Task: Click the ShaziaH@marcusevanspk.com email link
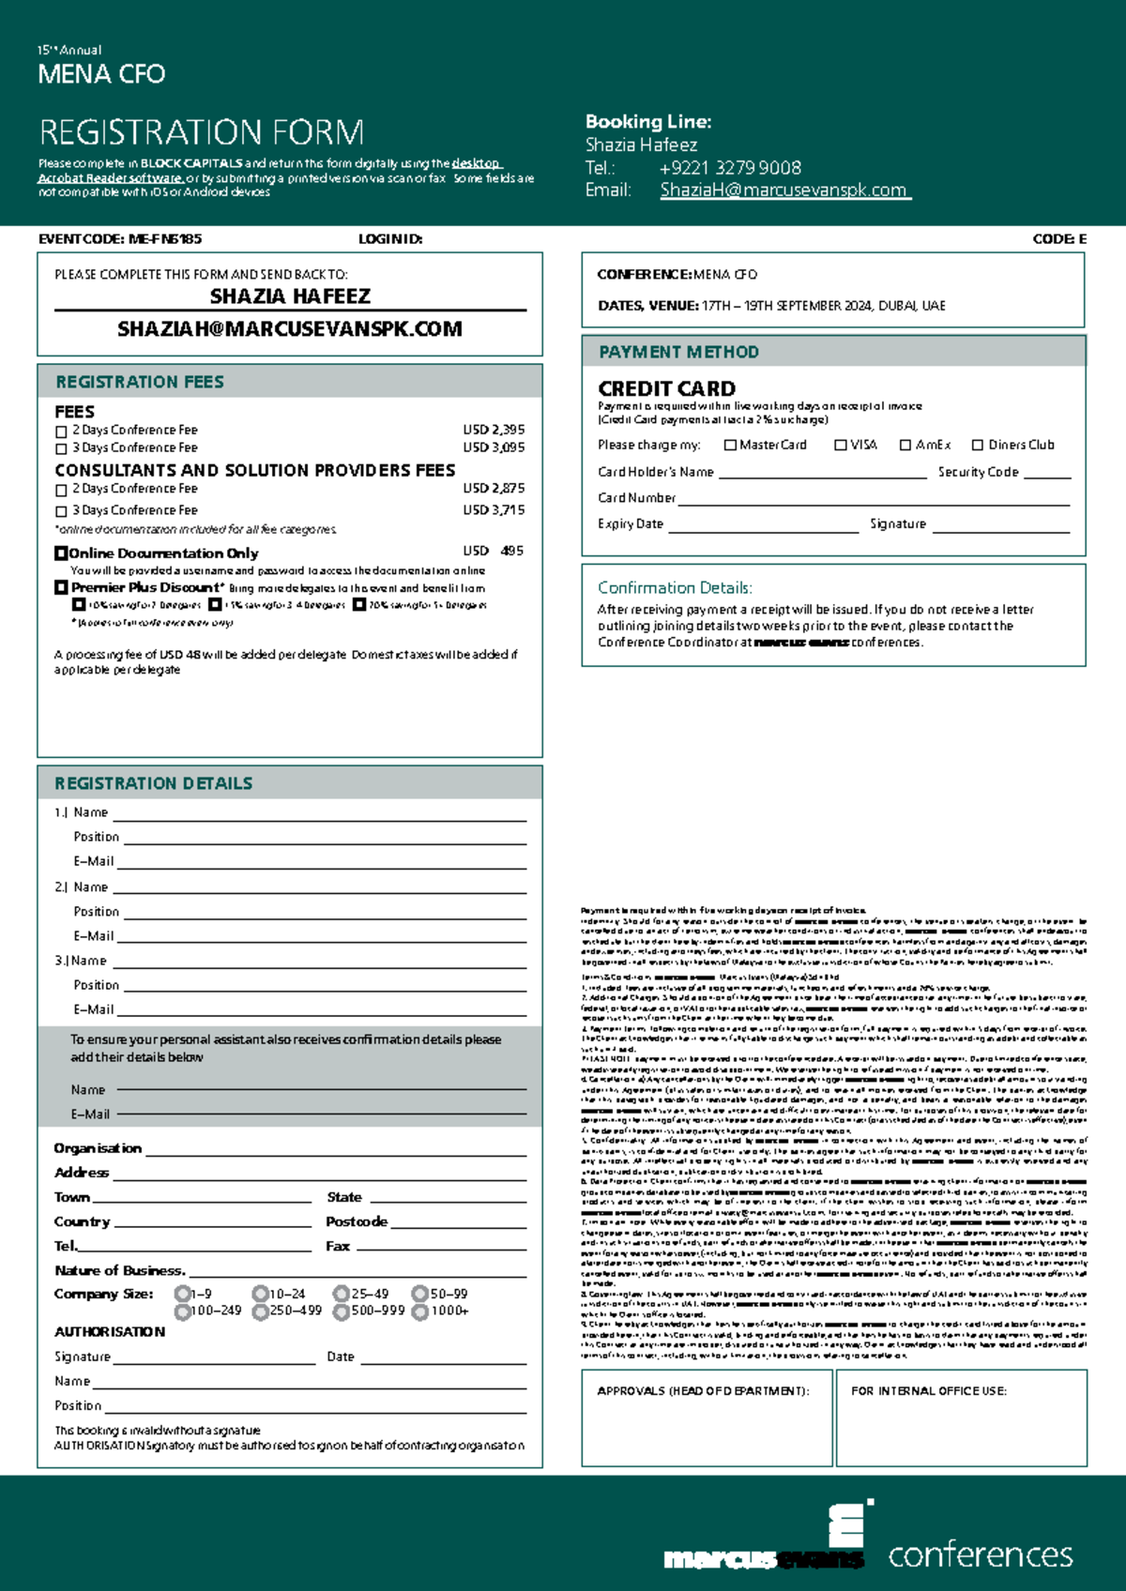[784, 190]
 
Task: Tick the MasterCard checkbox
[730, 446]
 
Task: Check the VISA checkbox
[841, 446]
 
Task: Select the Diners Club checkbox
[978, 446]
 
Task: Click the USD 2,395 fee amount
[494, 430]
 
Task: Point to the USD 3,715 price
[494, 510]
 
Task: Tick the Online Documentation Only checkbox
[61, 553]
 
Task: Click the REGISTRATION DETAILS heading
[153, 783]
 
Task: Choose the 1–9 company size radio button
[182, 1294]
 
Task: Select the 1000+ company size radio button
[420, 1311]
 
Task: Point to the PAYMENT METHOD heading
[678, 352]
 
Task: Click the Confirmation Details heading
[675, 588]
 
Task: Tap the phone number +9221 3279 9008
[730, 168]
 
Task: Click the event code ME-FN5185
[164, 239]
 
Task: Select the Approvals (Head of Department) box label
[703, 1391]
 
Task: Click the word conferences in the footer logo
[981, 1554]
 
